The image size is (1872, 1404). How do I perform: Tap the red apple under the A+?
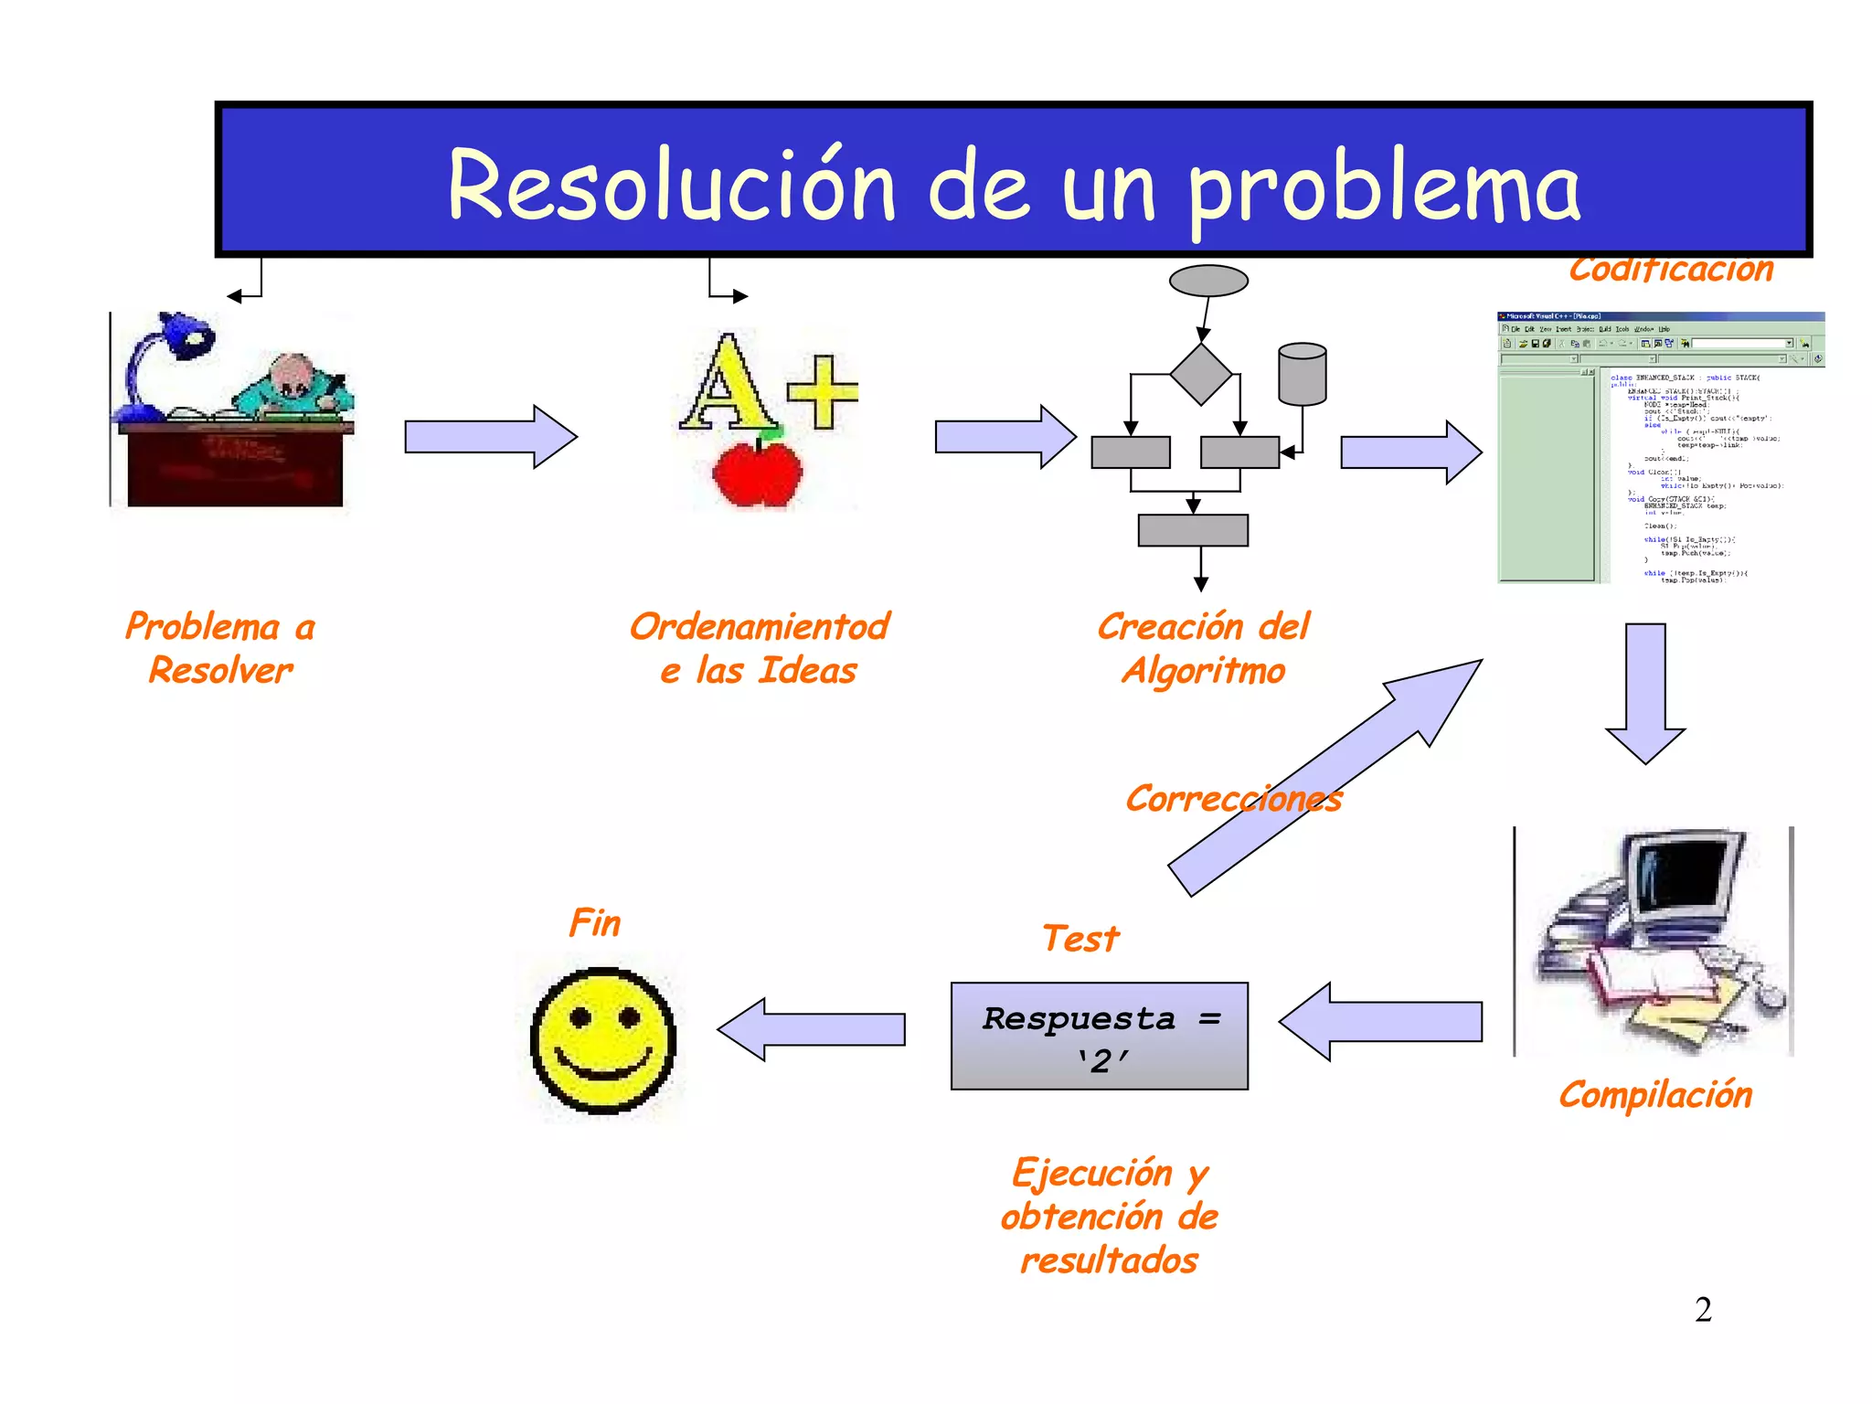(757, 473)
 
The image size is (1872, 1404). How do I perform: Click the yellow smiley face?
(603, 1040)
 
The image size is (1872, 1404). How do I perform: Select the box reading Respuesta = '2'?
(1099, 1037)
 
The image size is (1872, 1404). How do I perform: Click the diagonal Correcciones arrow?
(1325, 777)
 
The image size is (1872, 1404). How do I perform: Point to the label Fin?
(595, 923)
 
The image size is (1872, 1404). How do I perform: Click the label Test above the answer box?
(1080, 939)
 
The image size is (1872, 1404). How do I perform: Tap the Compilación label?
(1655, 1095)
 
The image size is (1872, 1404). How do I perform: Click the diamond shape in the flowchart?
(1201, 374)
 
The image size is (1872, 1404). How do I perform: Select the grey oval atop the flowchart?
(1208, 281)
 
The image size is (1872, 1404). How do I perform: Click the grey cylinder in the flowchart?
(1303, 374)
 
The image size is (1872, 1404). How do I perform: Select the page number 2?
(1703, 1310)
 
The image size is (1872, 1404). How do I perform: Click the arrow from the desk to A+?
(491, 437)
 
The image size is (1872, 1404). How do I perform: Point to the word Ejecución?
(1092, 1174)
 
